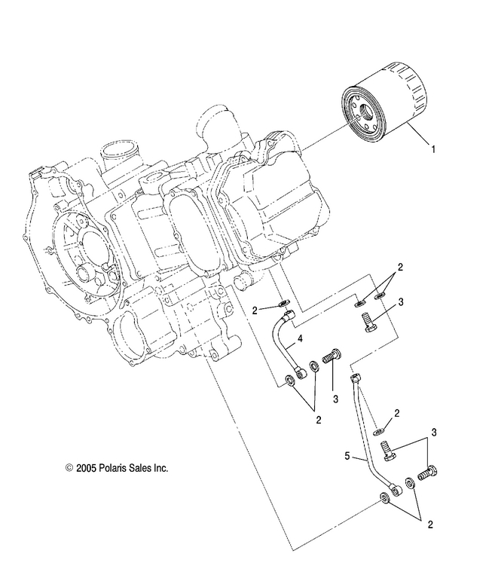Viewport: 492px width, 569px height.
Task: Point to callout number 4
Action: click(x=299, y=340)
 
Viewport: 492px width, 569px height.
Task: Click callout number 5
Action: click(x=347, y=456)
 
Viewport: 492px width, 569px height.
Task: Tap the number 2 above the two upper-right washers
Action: click(x=401, y=267)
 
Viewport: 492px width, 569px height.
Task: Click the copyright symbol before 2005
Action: click(x=69, y=468)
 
